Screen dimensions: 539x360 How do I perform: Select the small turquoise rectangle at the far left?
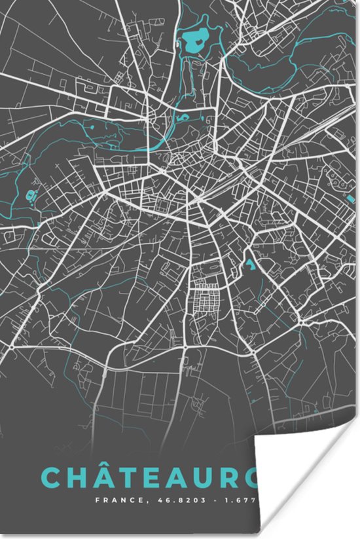[31, 195]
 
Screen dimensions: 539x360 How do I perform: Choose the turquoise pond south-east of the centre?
[250, 265]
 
